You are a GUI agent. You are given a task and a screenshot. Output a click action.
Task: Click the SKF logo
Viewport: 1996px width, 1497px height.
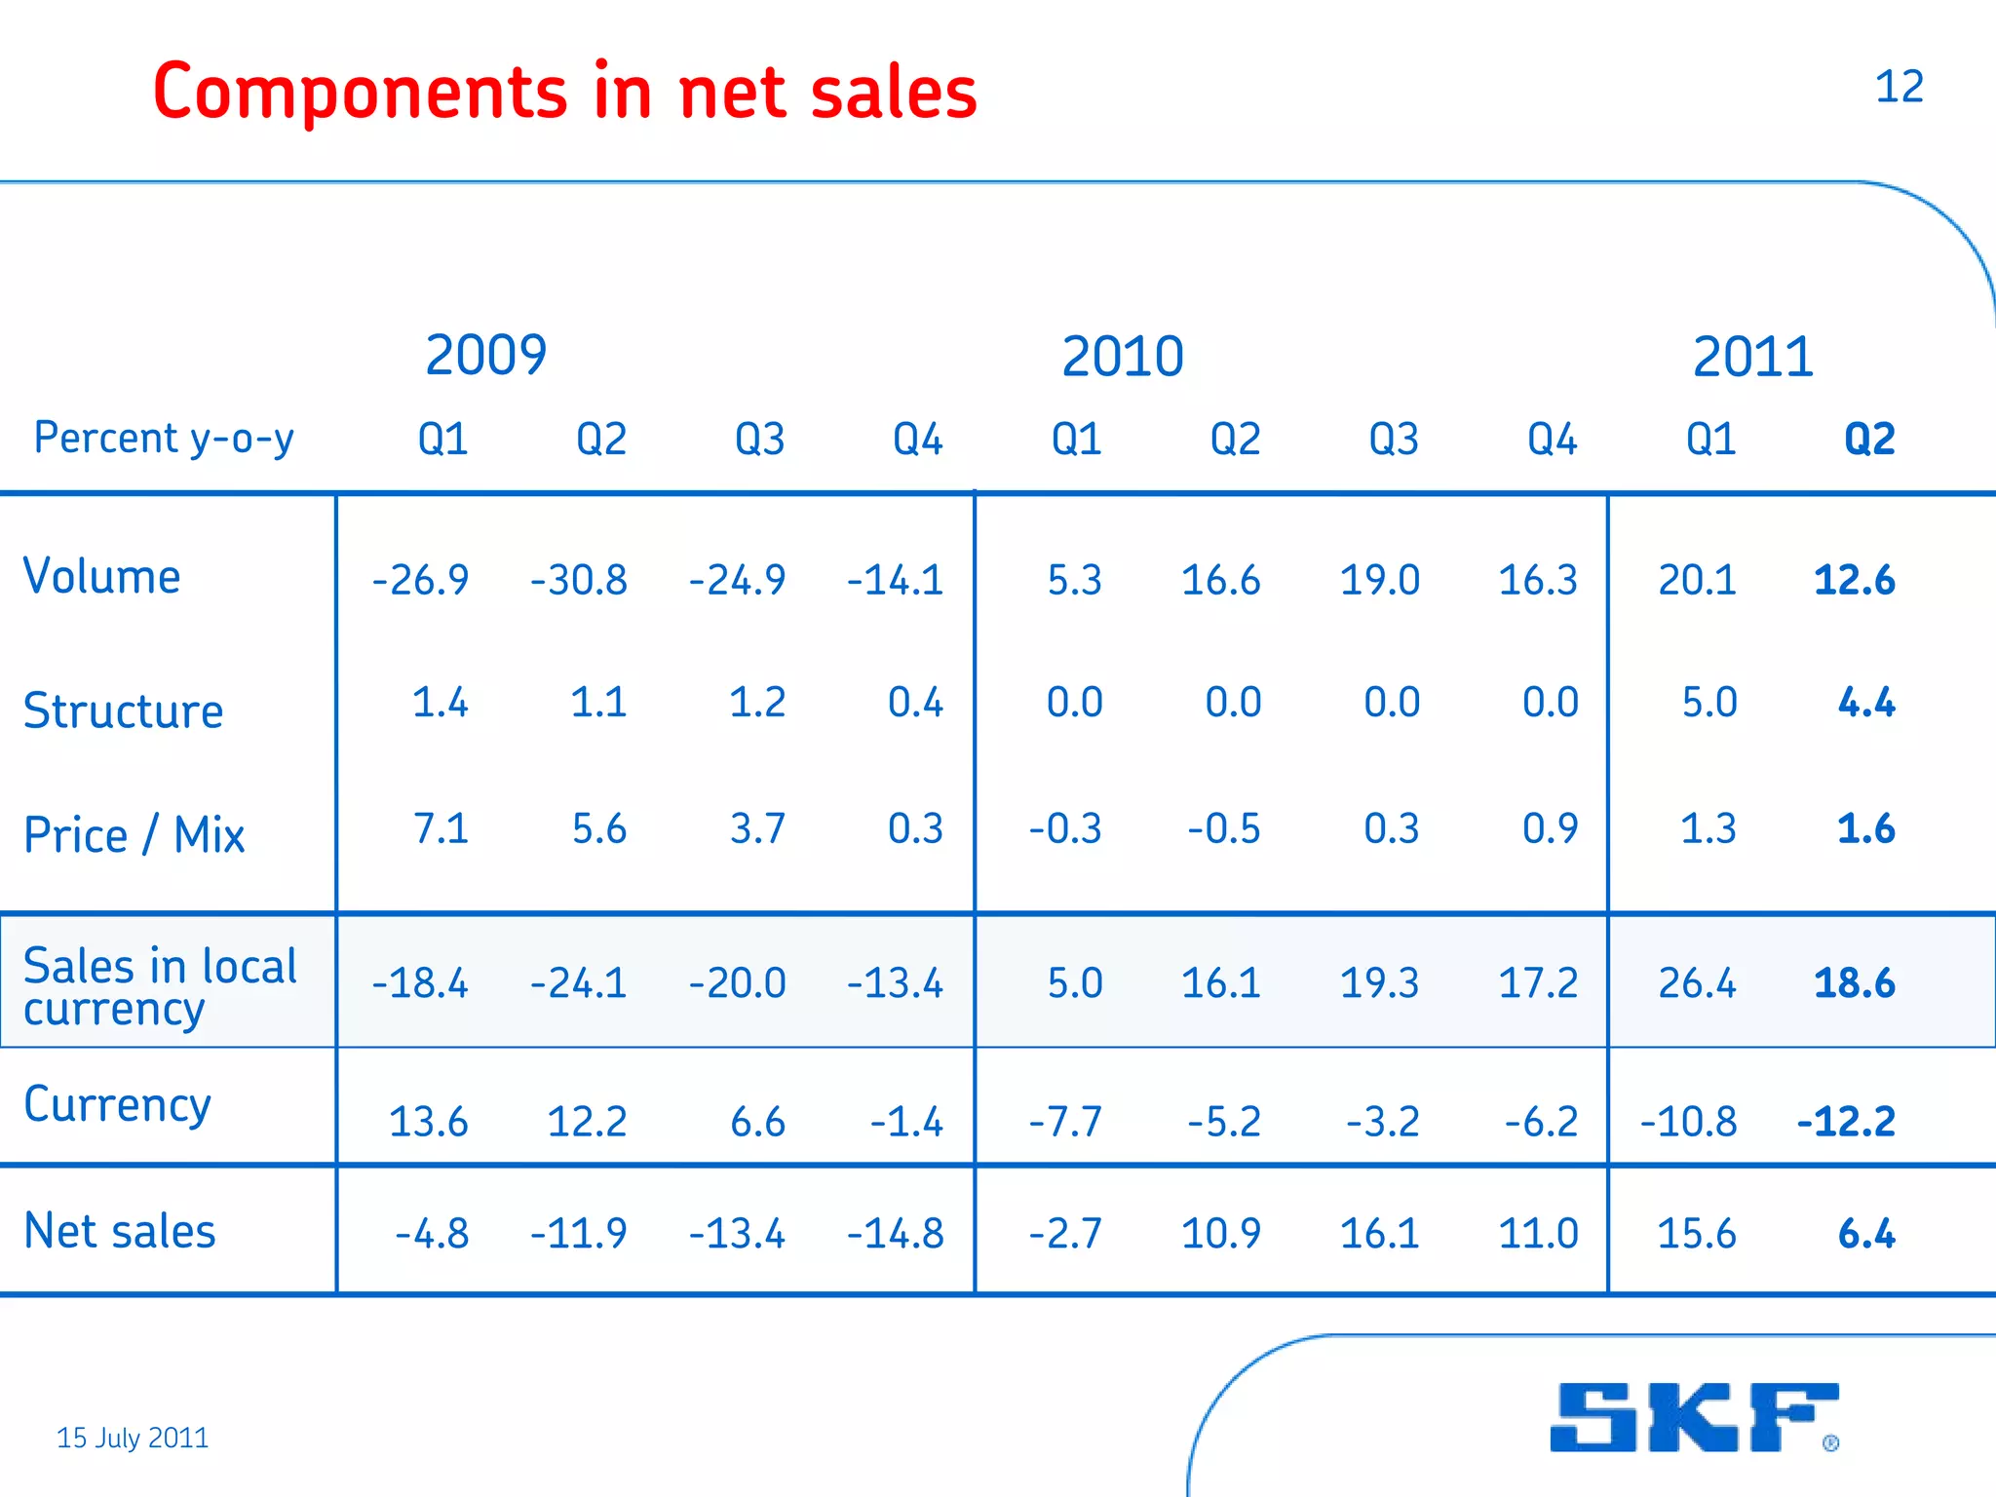(x=1694, y=1417)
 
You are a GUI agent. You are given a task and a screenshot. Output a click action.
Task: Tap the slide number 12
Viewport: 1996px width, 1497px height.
(x=1899, y=87)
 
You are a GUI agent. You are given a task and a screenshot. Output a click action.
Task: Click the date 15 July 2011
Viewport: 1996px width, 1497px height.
(x=133, y=1438)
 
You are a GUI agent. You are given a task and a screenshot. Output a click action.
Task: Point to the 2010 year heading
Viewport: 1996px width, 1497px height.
(x=1122, y=357)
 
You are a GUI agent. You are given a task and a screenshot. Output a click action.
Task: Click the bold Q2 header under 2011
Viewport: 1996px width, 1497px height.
(x=1869, y=440)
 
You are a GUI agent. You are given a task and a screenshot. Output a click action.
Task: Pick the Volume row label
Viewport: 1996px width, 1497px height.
(x=101, y=576)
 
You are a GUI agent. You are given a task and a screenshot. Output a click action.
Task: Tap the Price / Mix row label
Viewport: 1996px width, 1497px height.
(x=134, y=835)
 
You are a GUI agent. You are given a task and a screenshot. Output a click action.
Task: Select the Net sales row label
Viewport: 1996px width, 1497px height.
(x=119, y=1231)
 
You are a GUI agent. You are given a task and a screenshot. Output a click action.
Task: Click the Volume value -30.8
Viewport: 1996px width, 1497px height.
(x=579, y=581)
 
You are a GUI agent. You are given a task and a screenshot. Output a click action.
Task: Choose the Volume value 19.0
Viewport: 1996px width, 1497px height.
(x=1379, y=581)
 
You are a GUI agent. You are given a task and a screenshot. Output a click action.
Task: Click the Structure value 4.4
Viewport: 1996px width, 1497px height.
(x=1865, y=703)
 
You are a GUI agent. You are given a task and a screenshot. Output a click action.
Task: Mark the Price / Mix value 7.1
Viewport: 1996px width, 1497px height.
(x=441, y=829)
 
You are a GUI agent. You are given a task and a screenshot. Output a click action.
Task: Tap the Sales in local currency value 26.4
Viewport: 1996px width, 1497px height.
(x=1697, y=983)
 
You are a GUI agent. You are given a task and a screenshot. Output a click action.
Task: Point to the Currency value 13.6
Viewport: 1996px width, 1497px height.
(x=428, y=1122)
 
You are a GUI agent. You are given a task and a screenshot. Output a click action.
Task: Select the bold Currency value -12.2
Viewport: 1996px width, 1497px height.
(x=1846, y=1122)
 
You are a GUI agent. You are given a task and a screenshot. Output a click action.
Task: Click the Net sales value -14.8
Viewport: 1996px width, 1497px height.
(x=896, y=1234)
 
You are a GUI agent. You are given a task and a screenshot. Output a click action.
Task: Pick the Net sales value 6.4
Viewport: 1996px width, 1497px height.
(x=1865, y=1234)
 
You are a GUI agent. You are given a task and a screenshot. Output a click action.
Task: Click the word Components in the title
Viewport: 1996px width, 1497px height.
(x=360, y=92)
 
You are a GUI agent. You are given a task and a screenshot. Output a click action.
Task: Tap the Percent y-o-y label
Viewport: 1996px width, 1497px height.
(x=164, y=439)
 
